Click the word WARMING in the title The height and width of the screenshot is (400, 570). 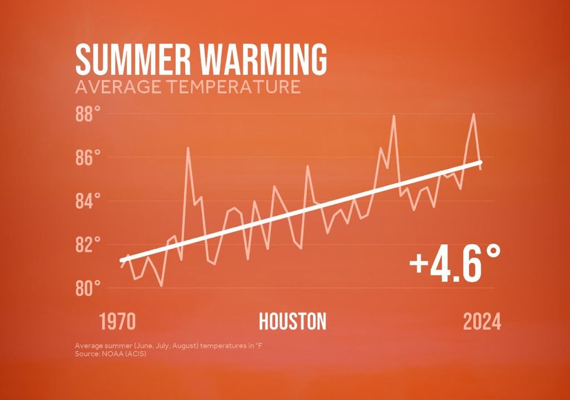pos(261,59)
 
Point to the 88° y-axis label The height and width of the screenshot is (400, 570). pos(88,115)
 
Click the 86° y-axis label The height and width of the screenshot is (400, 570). pos(88,157)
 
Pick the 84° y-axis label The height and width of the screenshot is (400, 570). pos(88,201)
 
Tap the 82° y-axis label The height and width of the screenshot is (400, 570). pos(88,245)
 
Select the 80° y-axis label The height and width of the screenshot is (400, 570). pos(88,288)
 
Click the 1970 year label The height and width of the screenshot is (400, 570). pos(117,322)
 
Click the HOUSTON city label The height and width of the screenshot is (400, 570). pos(293,322)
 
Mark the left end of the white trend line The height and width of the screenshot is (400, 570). pos(121,260)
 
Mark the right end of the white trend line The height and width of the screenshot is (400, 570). pos(481,162)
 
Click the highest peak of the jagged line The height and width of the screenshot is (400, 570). pos(474,114)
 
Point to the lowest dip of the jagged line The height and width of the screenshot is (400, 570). pos(161,285)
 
